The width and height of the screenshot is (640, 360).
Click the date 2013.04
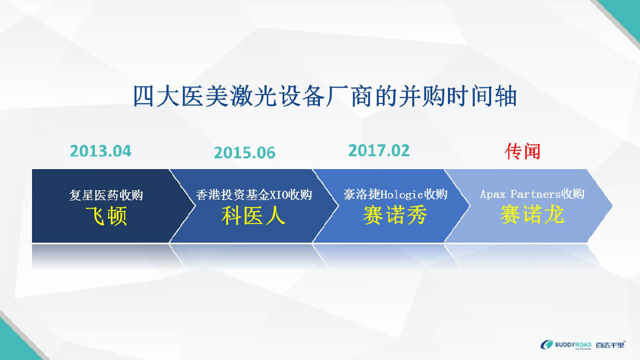[x=101, y=151]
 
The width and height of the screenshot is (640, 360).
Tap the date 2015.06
[x=245, y=153]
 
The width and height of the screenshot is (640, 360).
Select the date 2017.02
[x=379, y=150]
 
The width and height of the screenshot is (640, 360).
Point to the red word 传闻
[x=523, y=151]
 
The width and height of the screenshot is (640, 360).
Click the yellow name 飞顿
[x=106, y=216]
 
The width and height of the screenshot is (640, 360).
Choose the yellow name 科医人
[x=253, y=215]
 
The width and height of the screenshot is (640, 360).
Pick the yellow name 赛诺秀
[x=395, y=215]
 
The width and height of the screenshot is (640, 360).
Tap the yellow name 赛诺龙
[x=532, y=214]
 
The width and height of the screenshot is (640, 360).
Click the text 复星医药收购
[x=106, y=195]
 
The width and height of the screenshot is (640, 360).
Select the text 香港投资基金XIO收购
[x=254, y=195]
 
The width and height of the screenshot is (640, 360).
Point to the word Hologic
[x=402, y=195]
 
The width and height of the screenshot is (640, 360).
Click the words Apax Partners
[x=520, y=194]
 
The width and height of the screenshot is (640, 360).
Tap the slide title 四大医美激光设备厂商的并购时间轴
[x=325, y=97]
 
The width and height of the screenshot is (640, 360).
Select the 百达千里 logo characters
[x=610, y=345]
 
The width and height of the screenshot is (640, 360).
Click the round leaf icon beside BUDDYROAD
[x=547, y=345]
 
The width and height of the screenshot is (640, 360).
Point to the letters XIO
[x=279, y=195]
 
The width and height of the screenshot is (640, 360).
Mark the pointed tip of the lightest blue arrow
[x=612, y=206]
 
